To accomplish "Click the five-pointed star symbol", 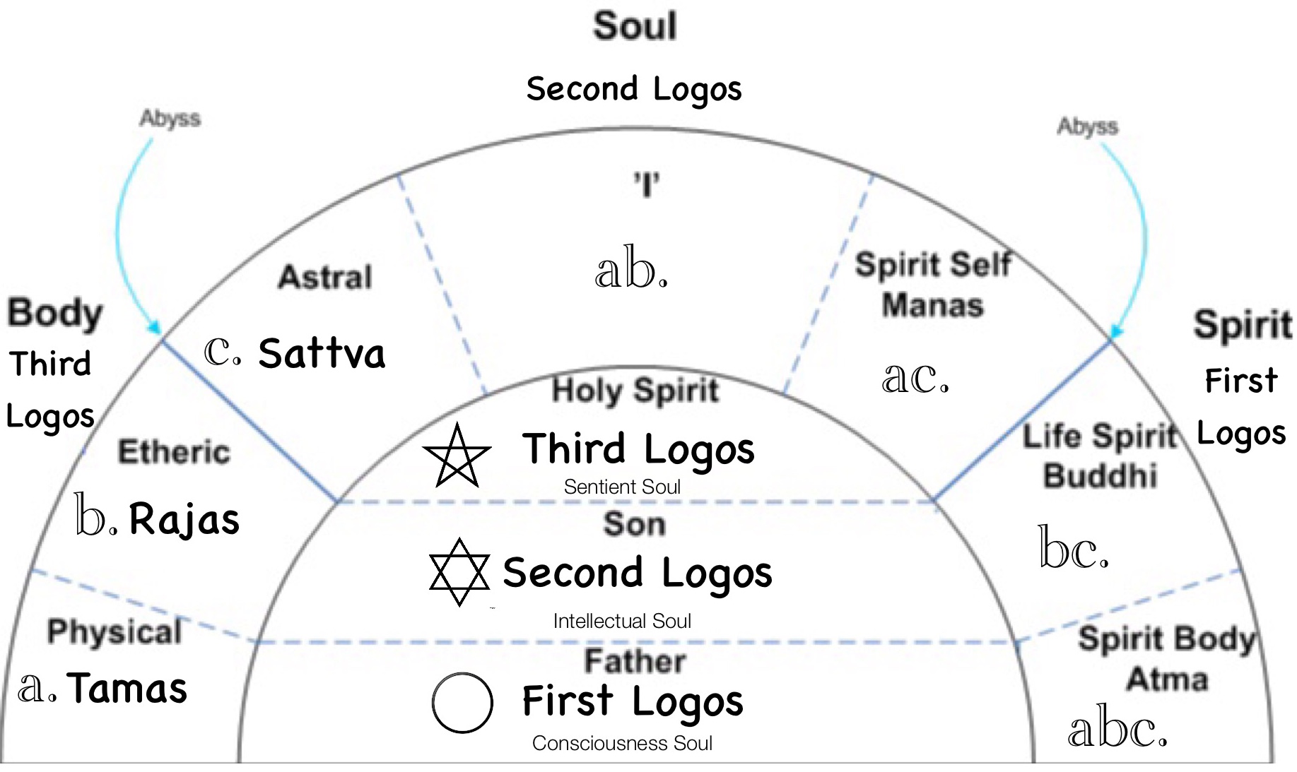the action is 457,456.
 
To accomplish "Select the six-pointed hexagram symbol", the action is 459,572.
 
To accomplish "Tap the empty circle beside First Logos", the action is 462,703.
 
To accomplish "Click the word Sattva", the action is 322,353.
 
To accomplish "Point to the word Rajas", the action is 184,519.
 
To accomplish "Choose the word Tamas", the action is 127,688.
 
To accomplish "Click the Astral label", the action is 325,277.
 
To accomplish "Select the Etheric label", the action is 174,452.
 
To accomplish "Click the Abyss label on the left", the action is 170,118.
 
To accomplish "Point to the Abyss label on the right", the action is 1088,126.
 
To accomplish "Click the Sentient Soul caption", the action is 622,487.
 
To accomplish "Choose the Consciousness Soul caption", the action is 622,743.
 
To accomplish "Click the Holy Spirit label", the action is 635,391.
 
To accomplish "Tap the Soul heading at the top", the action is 635,26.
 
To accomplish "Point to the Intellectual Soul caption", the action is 622,621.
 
